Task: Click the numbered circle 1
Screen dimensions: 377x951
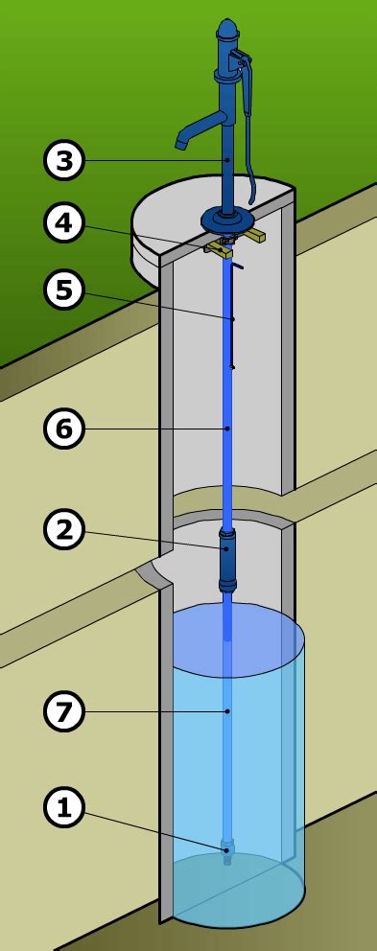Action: click(x=63, y=808)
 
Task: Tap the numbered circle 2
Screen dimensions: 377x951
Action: click(x=63, y=529)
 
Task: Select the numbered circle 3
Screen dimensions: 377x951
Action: click(x=63, y=160)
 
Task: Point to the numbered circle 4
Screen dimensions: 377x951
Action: click(x=63, y=223)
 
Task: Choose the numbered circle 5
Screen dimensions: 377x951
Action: click(x=63, y=290)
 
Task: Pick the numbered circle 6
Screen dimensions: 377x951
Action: click(x=63, y=429)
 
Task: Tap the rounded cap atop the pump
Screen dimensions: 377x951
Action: click(x=226, y=28)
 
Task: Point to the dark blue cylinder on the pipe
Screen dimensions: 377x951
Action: click(x=227, y=559)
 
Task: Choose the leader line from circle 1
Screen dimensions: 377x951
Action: click(x=154, y=829)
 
